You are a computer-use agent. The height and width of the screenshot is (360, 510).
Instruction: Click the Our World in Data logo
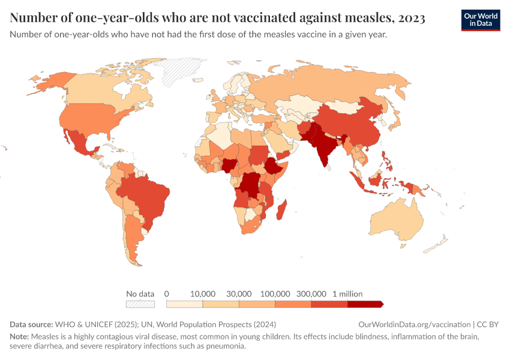[481, 20]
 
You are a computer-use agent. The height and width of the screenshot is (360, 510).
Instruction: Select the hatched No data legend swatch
[140, 304]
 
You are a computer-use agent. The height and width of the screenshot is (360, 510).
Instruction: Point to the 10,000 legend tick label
[203, 294]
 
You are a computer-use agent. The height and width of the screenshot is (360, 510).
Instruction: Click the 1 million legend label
[347, 294]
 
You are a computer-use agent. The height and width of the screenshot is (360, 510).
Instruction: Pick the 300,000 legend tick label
[311, 294]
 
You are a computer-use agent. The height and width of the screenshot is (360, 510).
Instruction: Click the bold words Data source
[32, 325]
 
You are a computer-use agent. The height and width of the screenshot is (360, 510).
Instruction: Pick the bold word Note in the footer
[20, 337]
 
